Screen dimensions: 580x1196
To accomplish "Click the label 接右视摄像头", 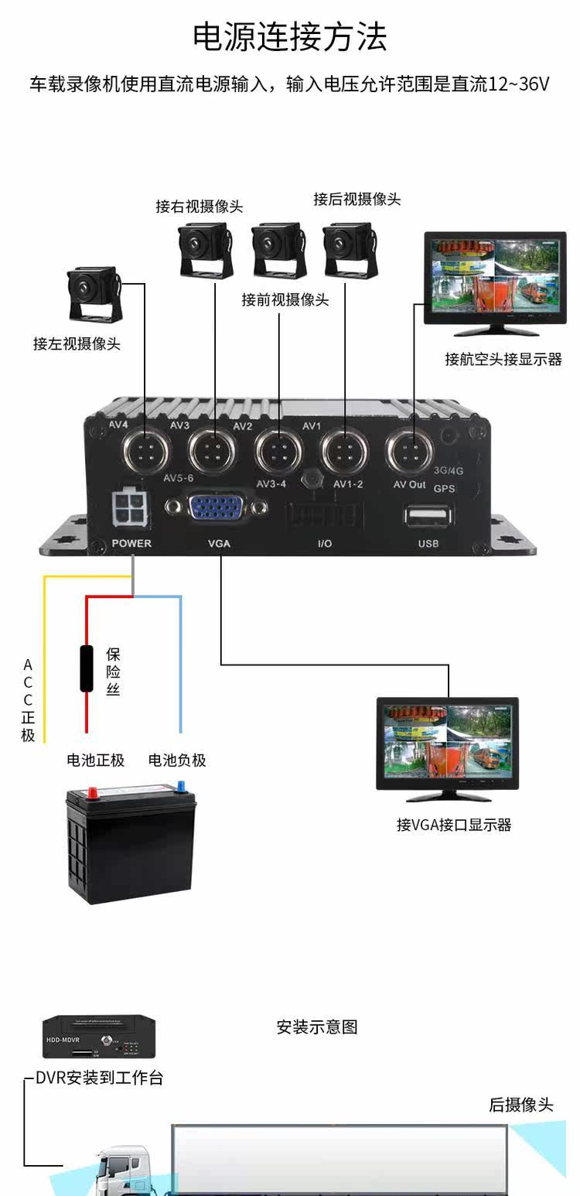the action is pos(199,207).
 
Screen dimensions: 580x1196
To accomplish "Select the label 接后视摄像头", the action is pos(357,199).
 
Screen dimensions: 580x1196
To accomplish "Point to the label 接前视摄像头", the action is pos(285,299).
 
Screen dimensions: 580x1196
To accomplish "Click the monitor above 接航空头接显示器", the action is pos(495,283).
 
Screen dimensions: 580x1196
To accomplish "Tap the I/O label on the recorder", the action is pos(325,544).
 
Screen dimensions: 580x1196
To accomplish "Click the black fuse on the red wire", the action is pos(87,667).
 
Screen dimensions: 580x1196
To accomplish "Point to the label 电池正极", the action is pos(95,760).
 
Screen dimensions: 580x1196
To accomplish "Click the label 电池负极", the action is pos(177,760).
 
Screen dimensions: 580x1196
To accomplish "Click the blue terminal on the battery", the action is pos(183,786).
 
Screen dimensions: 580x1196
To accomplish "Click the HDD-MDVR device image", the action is pos(98,1037).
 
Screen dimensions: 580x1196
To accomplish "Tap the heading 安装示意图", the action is pos(317,1027).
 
